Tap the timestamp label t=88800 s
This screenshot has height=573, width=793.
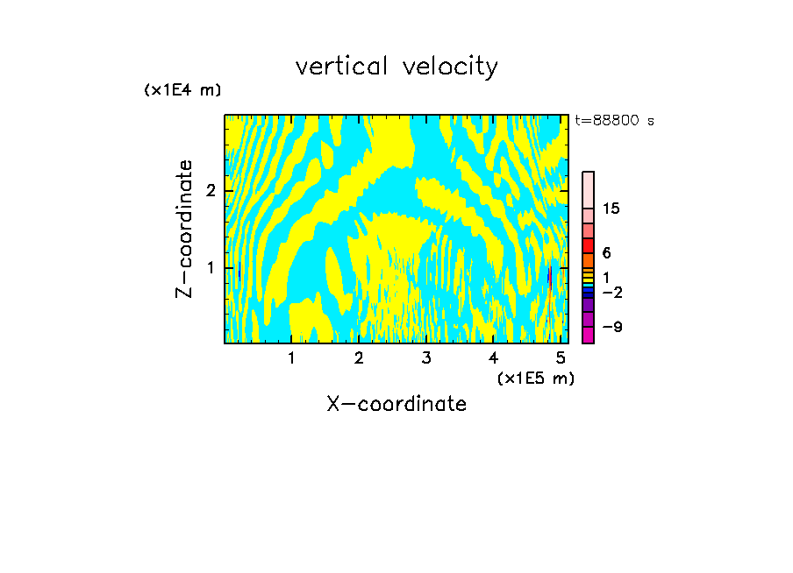coord(614,121)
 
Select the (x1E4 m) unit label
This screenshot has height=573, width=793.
coord(182,90)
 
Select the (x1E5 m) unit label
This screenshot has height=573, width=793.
coord(535,378)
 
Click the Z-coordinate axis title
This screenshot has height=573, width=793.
coord(184,229)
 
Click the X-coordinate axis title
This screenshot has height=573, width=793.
coord(396,404)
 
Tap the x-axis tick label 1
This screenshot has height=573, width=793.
coord(291,358)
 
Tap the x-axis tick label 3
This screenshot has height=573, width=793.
coord(426,358)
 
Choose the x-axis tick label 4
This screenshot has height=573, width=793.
coord(494,358)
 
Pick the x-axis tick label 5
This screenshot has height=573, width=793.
coord(561,358)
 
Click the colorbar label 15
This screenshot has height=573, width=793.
coord(611,209)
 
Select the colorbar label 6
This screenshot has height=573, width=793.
coord(606,252)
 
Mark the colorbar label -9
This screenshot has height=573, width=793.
coord(611,327)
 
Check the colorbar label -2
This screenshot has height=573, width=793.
coord(611,292)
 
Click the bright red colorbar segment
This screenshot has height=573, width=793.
coord(589,245)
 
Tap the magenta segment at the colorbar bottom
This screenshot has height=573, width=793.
coord(589,334)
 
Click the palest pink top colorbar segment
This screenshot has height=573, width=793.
coord(589,189)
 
